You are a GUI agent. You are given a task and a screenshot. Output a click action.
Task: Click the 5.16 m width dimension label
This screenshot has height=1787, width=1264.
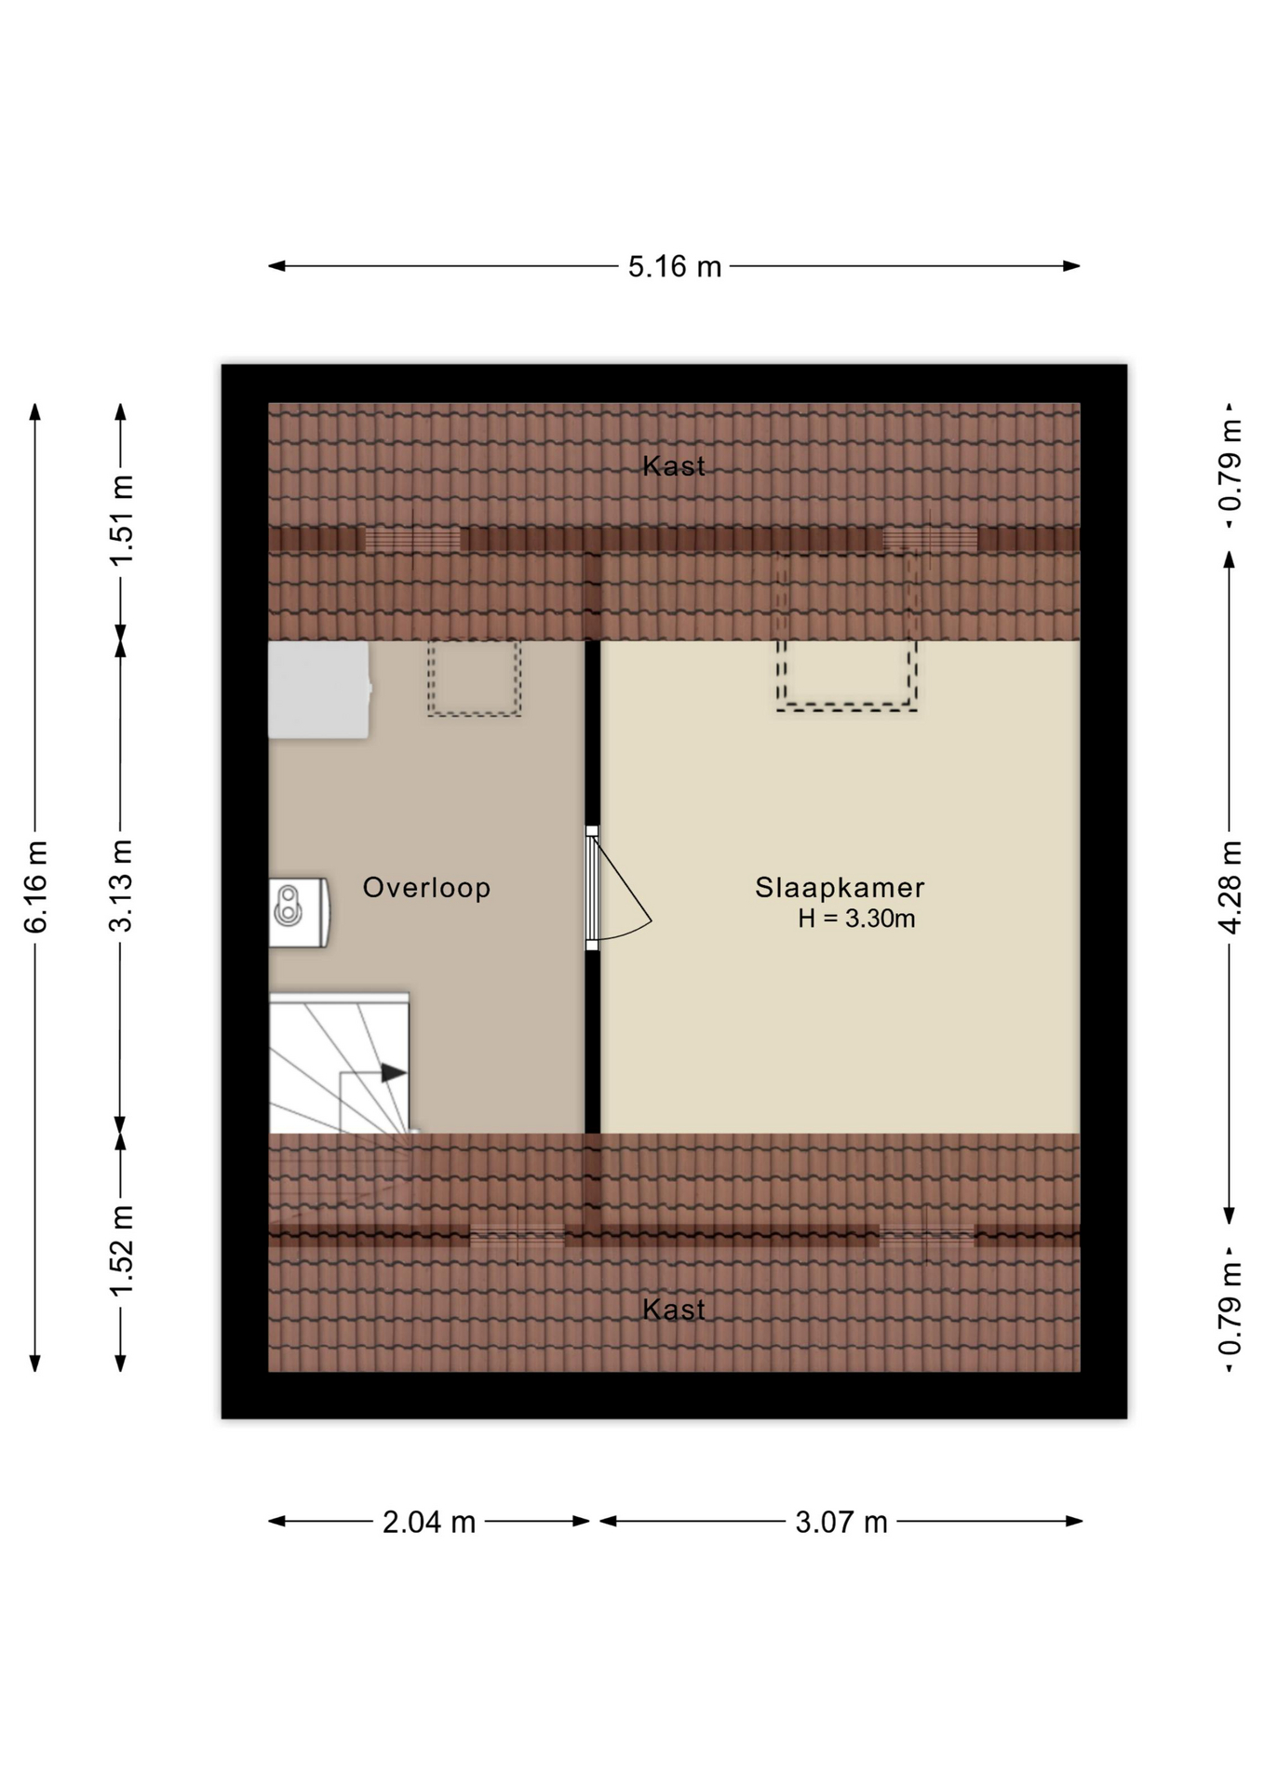(674, 267)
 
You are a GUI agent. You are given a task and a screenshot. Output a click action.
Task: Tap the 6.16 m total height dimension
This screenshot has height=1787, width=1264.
(35, 886)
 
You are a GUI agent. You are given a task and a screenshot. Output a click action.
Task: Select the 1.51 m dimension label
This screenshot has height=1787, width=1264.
(121, 519)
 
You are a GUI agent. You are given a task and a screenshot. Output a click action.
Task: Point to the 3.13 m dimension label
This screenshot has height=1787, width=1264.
(121, 885)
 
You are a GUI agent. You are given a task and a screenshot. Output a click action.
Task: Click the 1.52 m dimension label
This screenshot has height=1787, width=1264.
(121, 1249)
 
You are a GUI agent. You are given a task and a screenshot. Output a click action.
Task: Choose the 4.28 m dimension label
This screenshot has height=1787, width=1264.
(1230, 886)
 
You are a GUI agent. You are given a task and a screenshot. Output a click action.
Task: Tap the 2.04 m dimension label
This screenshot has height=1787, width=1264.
(429, 1523)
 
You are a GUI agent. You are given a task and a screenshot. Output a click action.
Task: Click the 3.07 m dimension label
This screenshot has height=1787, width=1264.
(841, 1523)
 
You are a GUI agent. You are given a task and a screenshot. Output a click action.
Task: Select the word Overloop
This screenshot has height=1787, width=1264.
(426, 888)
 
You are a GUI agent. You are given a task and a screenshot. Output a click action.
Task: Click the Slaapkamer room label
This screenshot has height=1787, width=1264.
(840, 888)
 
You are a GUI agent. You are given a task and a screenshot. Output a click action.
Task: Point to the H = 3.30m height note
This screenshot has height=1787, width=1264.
(856, 919)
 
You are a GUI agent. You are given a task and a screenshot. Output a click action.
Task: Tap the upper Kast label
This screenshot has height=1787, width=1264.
(674, 466)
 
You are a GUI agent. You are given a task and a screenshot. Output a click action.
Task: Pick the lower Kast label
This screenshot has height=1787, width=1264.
(674, 1310)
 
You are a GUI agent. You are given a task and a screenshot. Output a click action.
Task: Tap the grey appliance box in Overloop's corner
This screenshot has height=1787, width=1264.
(319, 690)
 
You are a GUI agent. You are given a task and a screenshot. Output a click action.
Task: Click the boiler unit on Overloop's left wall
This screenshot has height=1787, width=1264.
(299, 913)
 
